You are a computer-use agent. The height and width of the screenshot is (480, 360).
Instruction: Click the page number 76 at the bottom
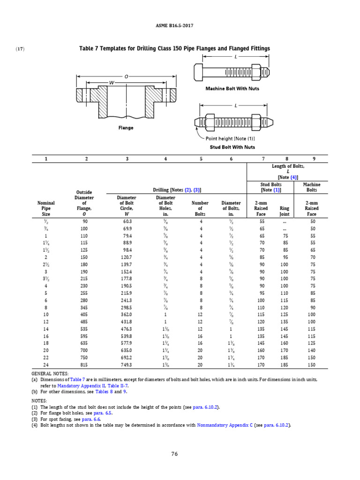click(174, 454)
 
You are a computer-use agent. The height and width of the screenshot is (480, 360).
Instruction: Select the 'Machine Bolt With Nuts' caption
click(232, 88)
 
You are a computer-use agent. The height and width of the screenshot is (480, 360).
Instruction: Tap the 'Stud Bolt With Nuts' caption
click(232, 147)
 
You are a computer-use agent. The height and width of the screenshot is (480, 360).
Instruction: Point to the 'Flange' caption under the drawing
click(126, 128)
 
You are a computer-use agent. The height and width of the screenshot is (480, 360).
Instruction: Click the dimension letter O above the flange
click(126, 76)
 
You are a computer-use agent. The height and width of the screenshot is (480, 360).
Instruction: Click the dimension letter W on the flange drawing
click(112, 83)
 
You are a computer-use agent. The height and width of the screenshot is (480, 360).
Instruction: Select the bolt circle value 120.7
click(127, 257)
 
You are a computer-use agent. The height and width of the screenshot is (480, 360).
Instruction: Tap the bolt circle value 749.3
click(127, 365)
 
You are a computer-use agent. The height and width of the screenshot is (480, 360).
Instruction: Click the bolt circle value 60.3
click(127, 221)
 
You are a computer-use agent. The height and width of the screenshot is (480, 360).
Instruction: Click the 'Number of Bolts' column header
click(200, 208)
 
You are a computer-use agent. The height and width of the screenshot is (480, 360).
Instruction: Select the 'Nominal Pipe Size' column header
click(46, 208)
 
